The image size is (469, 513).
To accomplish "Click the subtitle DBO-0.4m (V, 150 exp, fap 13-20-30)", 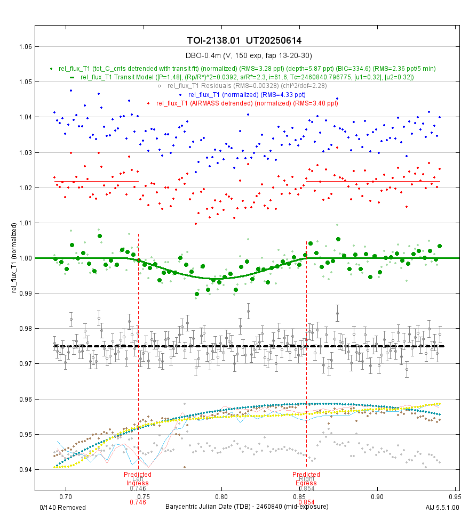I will click(248, 55).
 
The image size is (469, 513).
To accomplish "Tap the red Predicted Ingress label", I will click(138, 478).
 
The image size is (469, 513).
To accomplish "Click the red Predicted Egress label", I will click(306, 478).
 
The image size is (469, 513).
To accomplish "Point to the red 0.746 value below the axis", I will click(138, 502).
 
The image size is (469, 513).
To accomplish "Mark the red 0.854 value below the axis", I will click(306, 502).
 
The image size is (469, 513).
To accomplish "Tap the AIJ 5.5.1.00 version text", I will click(442, 507).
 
